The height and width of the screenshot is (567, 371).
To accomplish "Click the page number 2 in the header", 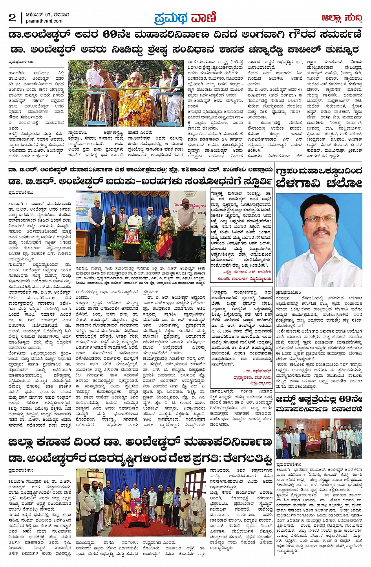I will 12,18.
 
